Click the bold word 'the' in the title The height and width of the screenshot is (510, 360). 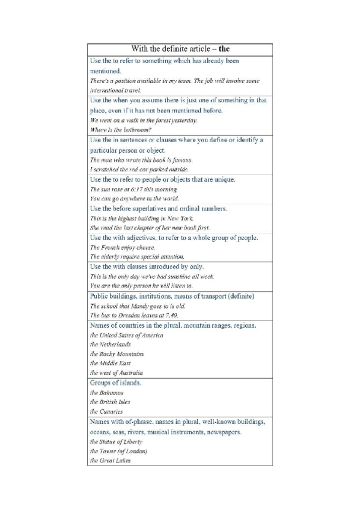point(225,49)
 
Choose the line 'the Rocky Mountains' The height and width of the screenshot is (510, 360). point(117,354)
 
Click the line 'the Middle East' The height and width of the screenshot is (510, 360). point(111,363)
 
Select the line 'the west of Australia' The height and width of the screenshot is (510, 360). point(117,373)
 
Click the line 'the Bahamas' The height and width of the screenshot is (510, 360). point(107,392)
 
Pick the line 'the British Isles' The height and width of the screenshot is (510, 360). point(110,402)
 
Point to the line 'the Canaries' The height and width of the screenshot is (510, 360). point(106,411)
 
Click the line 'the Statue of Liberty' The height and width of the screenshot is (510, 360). point(116,441)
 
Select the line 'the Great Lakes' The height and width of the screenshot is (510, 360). point(110,461)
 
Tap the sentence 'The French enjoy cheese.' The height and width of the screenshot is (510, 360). point(123,247)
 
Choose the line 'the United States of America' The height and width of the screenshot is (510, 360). point(126,335)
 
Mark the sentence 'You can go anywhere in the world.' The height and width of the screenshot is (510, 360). point(134,198)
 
